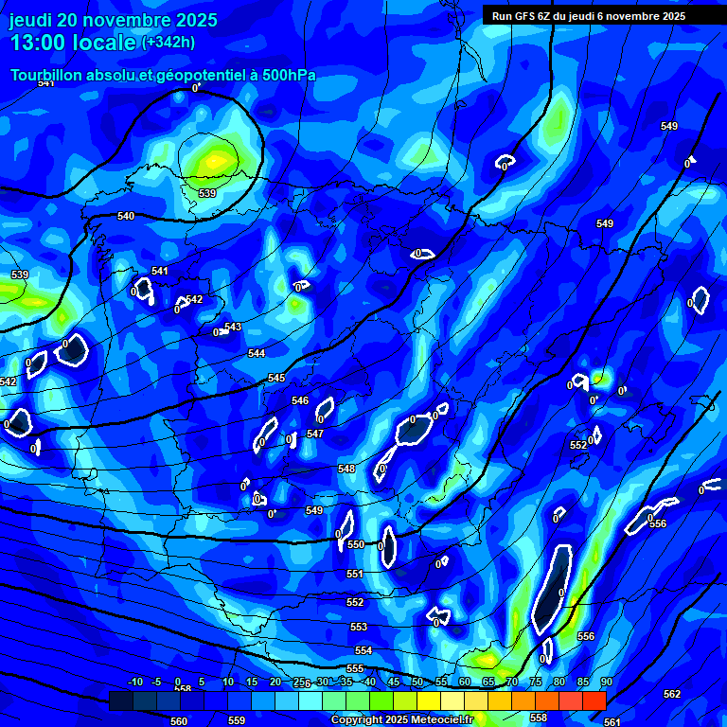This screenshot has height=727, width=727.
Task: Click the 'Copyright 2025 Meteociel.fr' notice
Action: tap(401, 719)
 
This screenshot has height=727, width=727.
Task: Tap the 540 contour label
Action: tap(126, 216)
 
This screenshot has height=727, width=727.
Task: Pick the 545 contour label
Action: tap(276, 378)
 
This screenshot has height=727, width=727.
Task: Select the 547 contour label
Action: tap(315, 434)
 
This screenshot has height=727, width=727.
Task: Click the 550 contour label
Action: tap(356, 544)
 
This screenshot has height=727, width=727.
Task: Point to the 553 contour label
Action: tap(359, 627)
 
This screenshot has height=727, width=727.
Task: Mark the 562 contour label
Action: tap(672, 694)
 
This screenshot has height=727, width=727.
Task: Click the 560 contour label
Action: tap(179, 720)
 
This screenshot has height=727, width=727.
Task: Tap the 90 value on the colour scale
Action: tap(606, 682)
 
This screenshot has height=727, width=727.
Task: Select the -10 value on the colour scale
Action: tap(135, 682)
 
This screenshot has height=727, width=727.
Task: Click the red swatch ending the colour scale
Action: tap(594, 700)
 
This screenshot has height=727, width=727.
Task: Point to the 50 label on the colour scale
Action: tap(417, 682)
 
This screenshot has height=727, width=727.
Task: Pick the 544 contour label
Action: tap(257, 353)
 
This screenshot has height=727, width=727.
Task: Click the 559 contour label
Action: tap(237, 720)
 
